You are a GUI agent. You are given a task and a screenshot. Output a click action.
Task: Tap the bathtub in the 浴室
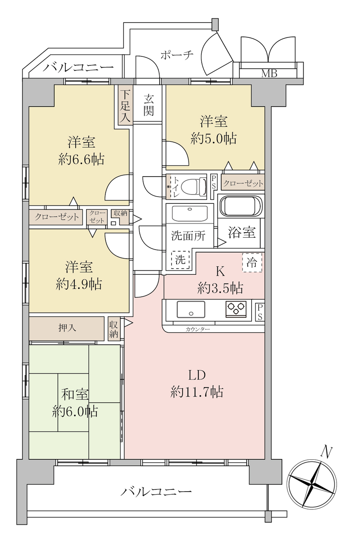pos(240,206)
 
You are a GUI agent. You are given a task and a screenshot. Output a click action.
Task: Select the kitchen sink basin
pos(191,309)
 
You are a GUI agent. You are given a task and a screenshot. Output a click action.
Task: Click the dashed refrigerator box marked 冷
pos(252,262)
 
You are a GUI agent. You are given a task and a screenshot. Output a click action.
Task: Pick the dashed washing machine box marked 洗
pos(180,260)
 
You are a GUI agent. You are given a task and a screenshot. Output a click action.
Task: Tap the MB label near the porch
pos(269,73)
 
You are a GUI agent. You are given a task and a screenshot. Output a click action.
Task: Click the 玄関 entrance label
pos(148,105)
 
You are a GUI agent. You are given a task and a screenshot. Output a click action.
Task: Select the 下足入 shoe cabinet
pos(126,105)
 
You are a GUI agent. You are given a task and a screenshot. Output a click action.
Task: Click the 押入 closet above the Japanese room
pos(66,329)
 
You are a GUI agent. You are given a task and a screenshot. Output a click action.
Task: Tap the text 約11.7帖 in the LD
pos(197,391)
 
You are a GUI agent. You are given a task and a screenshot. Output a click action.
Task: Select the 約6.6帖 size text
pos(82,160)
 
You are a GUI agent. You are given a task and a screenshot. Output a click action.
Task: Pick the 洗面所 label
pos(188,236)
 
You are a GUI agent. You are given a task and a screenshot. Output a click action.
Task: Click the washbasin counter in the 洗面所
pos(190,213)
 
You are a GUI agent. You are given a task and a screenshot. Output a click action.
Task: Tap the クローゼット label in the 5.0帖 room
pos(243,183)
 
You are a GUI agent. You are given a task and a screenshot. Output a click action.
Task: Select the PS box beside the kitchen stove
pos(260,312)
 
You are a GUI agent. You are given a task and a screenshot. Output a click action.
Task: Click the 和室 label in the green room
pos(75,394)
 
